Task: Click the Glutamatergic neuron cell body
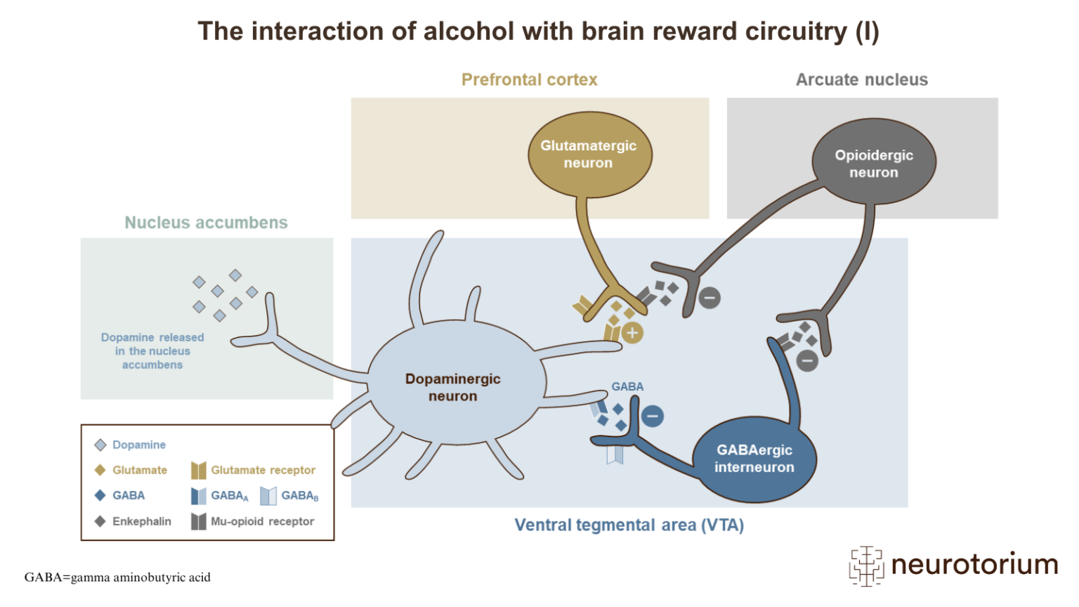pos(589,155)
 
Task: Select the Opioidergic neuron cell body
pos(873,164)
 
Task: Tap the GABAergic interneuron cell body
pos(754,459)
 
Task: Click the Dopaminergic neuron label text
pos(452,387)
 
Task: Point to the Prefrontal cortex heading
pos(529,80)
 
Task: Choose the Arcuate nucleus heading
pos(861,80)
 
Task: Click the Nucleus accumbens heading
pos(206,223)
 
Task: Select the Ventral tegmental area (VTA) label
pos(629,526)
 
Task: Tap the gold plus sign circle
pos(632,333)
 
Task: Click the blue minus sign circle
pos(652,416)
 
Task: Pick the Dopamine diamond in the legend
pos(100,445)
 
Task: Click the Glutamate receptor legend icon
pos(199,470)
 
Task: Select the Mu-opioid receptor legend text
pos(262,521)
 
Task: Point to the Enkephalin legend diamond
pos(100,521)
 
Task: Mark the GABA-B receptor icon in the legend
pos(268,496)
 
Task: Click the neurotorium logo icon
pos(866,565)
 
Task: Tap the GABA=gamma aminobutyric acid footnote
pos(117,577)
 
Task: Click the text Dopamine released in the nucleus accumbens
pos(152,351)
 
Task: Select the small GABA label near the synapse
pos(627,387)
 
